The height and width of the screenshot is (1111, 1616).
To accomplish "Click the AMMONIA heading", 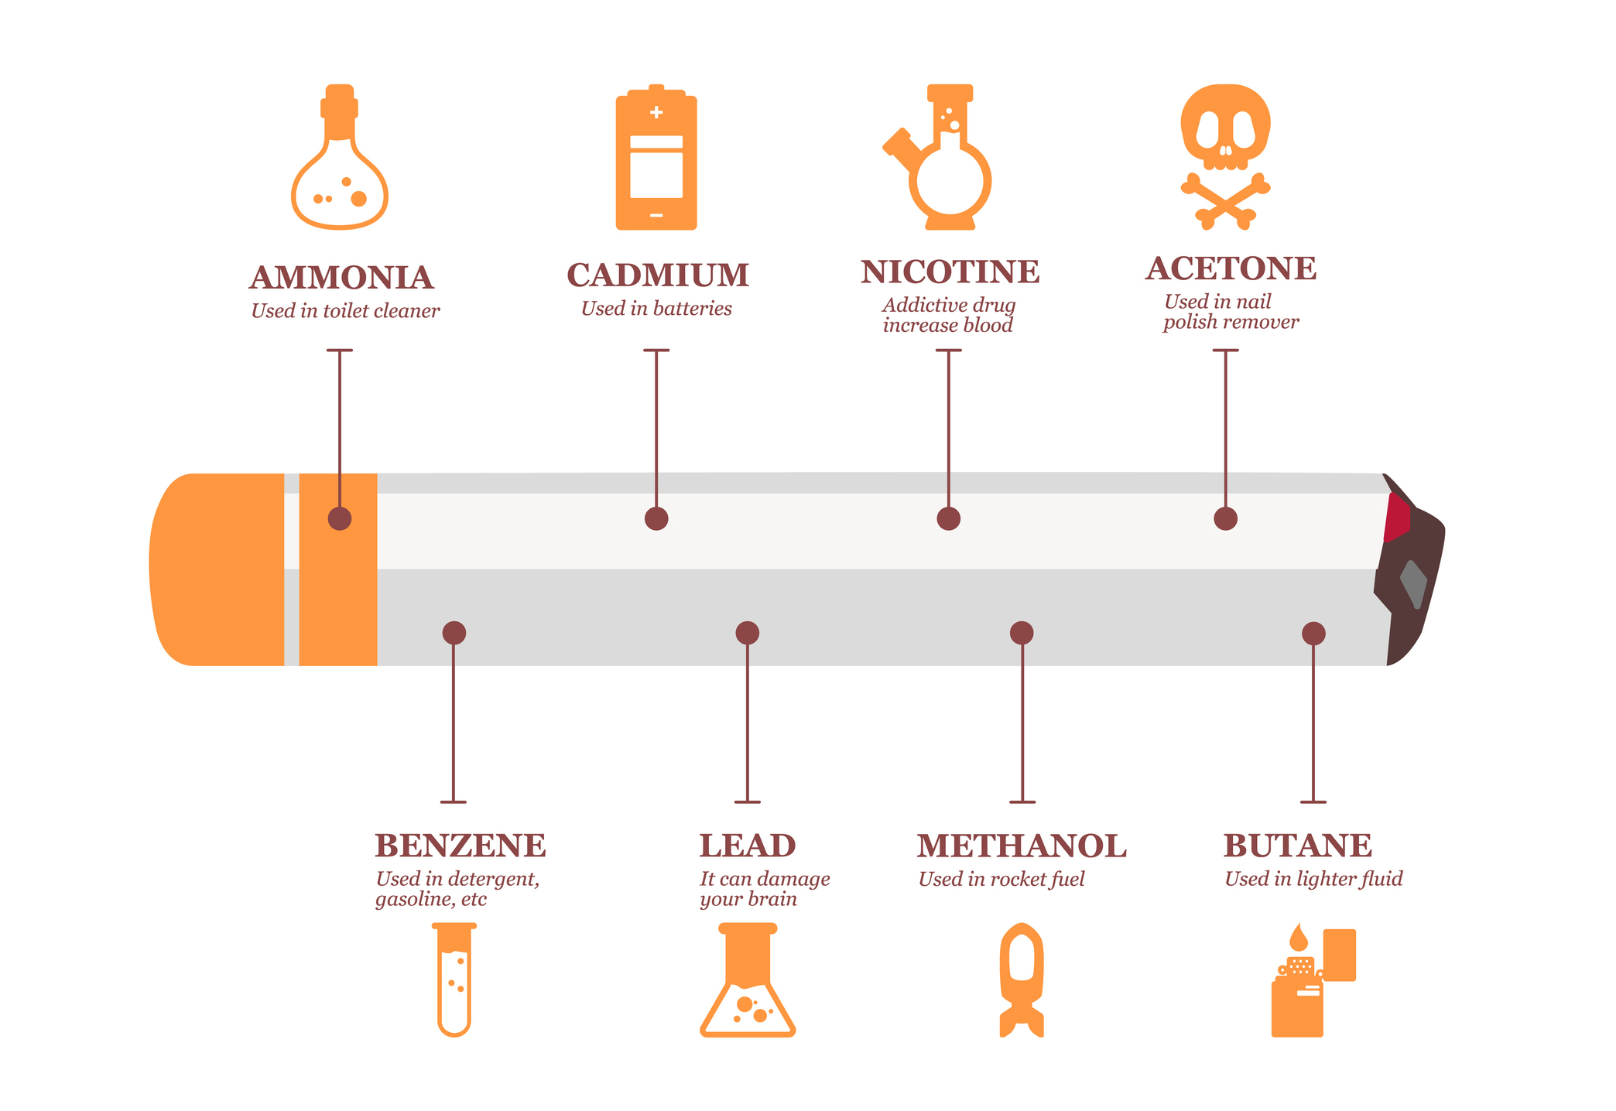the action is point(341,278).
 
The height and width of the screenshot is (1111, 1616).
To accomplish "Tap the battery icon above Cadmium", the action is point(656,157).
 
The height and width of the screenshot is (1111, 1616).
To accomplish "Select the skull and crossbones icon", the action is point(1226,157).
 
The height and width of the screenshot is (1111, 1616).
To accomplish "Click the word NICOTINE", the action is point(950,272).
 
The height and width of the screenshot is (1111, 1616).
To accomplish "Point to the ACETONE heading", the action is point(1231,268).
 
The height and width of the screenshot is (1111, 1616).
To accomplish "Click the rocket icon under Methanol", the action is point(1022,979).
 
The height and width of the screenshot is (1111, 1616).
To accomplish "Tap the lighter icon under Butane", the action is point(1313,979).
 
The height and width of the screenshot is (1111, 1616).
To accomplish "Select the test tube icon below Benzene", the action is point(454,979).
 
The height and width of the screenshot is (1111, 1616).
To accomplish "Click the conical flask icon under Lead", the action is point(748,979).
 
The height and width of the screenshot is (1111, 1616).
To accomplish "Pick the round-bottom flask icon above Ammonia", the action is point(340,157).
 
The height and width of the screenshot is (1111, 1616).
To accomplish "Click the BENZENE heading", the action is point(460,846).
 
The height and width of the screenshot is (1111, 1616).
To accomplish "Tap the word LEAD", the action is point(748,846).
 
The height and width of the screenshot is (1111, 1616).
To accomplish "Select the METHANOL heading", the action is point(1022,846).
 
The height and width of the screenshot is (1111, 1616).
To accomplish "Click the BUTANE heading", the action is point(1298,846).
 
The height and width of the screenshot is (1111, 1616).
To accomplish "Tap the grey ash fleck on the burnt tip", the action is point(1414,583).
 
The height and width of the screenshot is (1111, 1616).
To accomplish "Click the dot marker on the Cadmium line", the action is point(656,518).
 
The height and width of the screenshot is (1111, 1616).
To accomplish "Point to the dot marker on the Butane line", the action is point(1313,634).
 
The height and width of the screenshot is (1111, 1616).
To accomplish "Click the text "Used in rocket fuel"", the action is point(1001,880).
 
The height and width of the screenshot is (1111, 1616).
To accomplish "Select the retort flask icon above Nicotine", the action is point(938,157).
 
